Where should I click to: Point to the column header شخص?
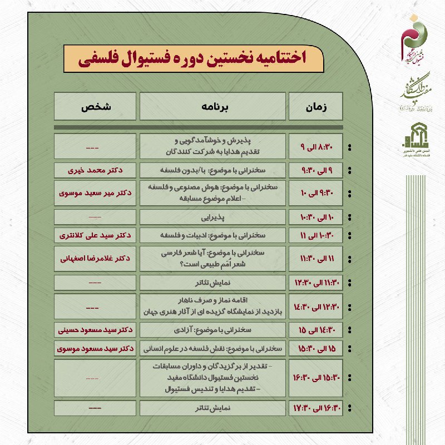point(95,106)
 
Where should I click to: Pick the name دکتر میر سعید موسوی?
point(95,193)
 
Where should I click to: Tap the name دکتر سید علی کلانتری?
point(95,235)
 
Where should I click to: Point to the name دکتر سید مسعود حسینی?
point(95,330)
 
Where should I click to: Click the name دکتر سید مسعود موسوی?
point(95,349)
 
